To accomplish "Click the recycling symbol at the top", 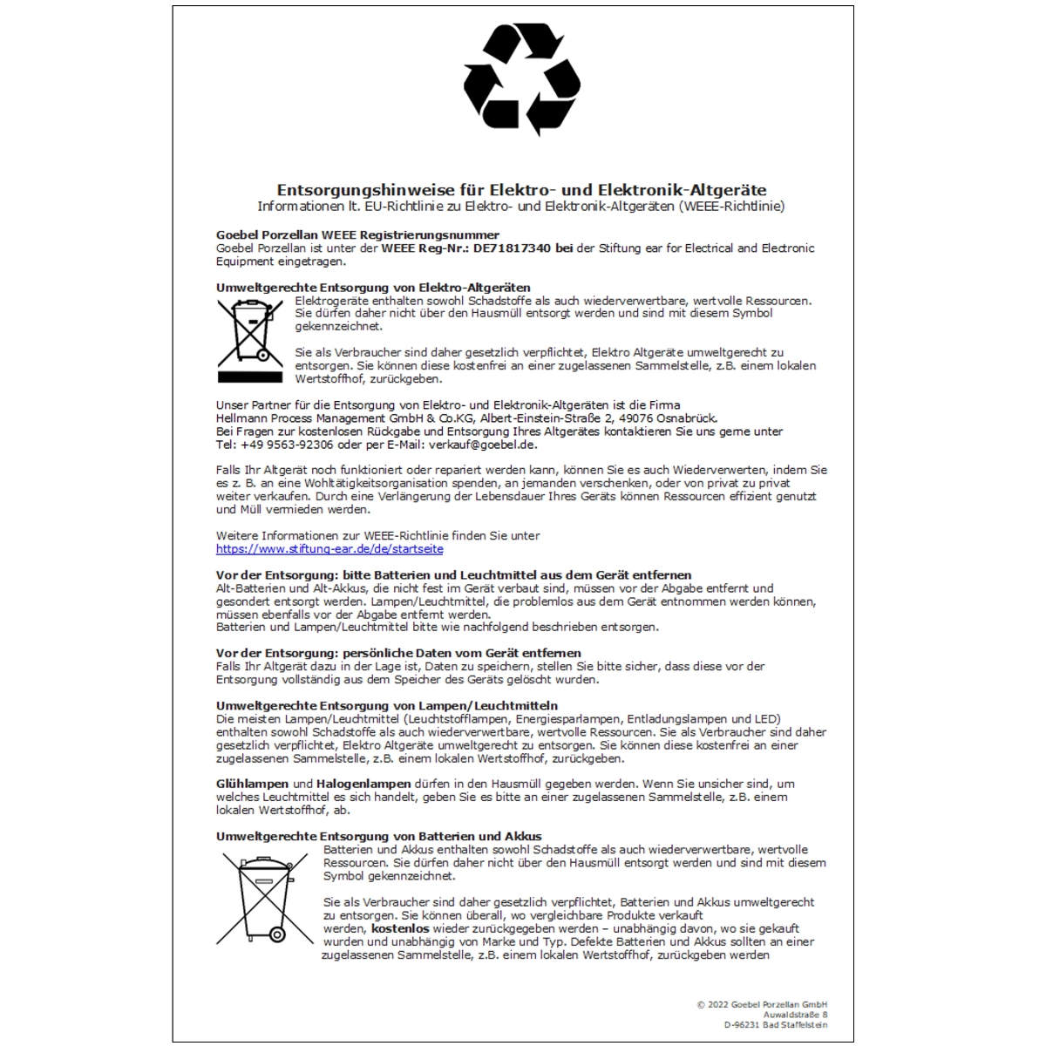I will [521, 79].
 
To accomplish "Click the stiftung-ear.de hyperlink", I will [329, 549].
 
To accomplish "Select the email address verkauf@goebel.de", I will [483, 445].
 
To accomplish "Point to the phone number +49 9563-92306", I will [288, 445].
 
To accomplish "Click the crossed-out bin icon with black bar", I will [250, 340].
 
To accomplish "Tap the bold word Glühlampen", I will [252, 784].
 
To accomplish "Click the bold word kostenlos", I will [400, 929].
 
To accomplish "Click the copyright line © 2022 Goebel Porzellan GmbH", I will [762, 1005].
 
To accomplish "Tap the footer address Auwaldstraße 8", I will [795, 1015].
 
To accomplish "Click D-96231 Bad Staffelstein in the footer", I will [775, 1026].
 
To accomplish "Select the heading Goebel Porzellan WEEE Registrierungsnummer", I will [357, 235].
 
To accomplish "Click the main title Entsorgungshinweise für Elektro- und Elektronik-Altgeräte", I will [521, 190].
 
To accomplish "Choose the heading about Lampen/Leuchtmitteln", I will [387, 706].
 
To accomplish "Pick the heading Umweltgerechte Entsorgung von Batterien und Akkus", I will [379, 837].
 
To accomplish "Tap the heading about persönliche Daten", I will [398, 654].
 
